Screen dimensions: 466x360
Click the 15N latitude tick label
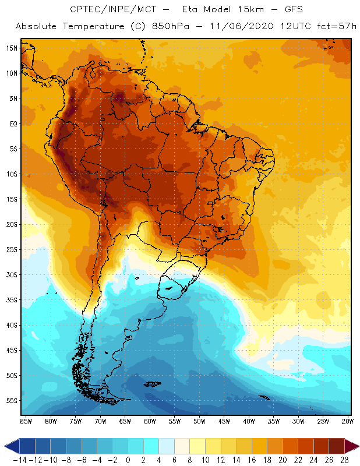pos(12,48)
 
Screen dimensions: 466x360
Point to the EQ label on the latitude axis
pos(12,123)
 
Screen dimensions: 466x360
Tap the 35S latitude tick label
pos(12,300)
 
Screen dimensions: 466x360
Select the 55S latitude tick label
pos(12,401)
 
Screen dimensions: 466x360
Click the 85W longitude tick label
pos(26,421)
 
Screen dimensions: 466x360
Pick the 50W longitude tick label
pos(200,421)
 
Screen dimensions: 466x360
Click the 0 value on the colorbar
pos(128,459)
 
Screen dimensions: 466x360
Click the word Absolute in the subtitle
pos(37,27)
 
